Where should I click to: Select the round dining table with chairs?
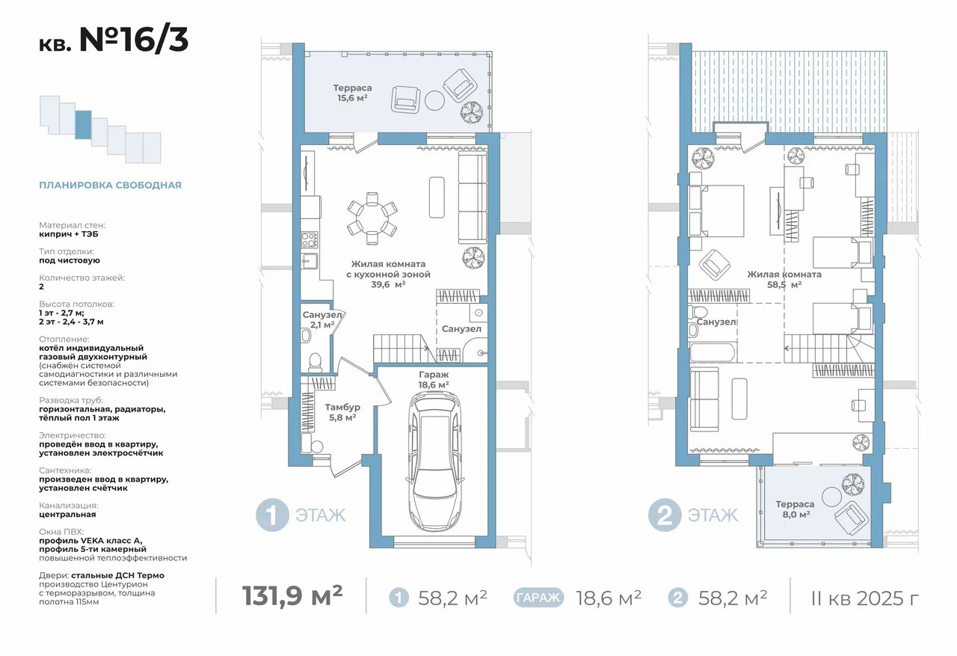372,218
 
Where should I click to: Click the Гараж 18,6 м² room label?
434,379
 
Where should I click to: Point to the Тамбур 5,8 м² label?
342,412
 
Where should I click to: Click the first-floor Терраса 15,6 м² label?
352,93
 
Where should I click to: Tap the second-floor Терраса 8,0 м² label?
796,509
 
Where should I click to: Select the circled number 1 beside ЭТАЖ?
272,515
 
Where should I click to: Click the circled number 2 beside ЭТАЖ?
665,515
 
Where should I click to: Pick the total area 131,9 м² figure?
292,595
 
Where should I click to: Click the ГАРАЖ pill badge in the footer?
538,598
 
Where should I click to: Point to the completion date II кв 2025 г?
864,598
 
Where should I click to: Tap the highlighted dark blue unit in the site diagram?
83,125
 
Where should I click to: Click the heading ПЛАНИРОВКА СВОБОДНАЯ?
110,185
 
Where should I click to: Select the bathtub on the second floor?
713,353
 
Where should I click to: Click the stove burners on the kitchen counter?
309,240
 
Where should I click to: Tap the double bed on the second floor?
716,211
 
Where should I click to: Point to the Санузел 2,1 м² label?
322,319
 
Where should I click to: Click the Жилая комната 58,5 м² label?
784,280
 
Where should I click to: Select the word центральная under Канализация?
67,515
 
